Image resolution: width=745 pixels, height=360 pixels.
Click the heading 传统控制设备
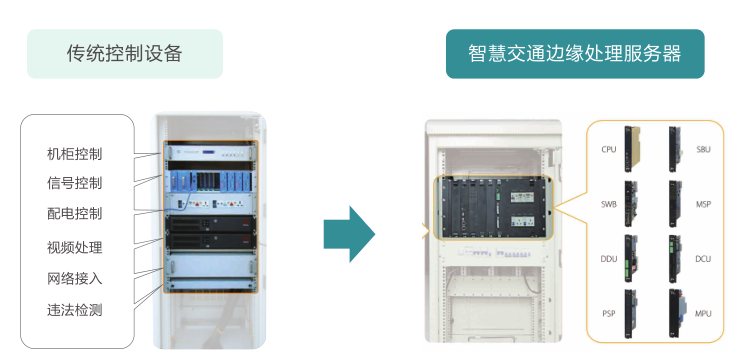[124, 53]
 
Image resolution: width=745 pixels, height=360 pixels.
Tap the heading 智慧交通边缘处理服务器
[575, 53]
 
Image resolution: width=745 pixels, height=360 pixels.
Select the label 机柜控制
[75, 154]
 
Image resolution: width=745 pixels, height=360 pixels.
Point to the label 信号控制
[75, 183]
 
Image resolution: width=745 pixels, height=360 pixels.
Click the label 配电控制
[75, 213]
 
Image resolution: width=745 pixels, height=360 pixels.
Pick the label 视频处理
[75, 247]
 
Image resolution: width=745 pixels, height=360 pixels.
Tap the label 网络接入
[75, 278]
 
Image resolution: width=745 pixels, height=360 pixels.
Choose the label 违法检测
[75, 310]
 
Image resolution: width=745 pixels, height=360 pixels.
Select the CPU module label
[609, 150]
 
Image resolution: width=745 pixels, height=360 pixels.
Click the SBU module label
[704, 150]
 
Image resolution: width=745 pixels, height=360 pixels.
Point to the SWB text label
[609, 205]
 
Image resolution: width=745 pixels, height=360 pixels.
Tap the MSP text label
[704, 205]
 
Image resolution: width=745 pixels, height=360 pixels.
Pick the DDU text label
[609, 259]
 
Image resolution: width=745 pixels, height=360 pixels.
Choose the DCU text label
[704, 259]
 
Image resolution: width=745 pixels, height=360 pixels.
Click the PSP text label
[609, 314]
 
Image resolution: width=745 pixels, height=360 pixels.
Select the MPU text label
[704, 314]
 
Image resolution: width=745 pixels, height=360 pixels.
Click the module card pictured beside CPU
[632, 149]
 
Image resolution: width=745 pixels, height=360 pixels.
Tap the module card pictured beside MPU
[677, 313]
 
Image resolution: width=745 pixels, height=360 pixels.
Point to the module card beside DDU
[631, 259]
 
